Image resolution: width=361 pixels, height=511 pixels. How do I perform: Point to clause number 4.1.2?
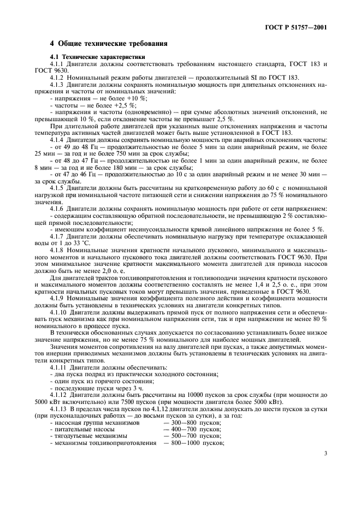pos(57,78)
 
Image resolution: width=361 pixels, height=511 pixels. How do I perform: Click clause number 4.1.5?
pos(57,187)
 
